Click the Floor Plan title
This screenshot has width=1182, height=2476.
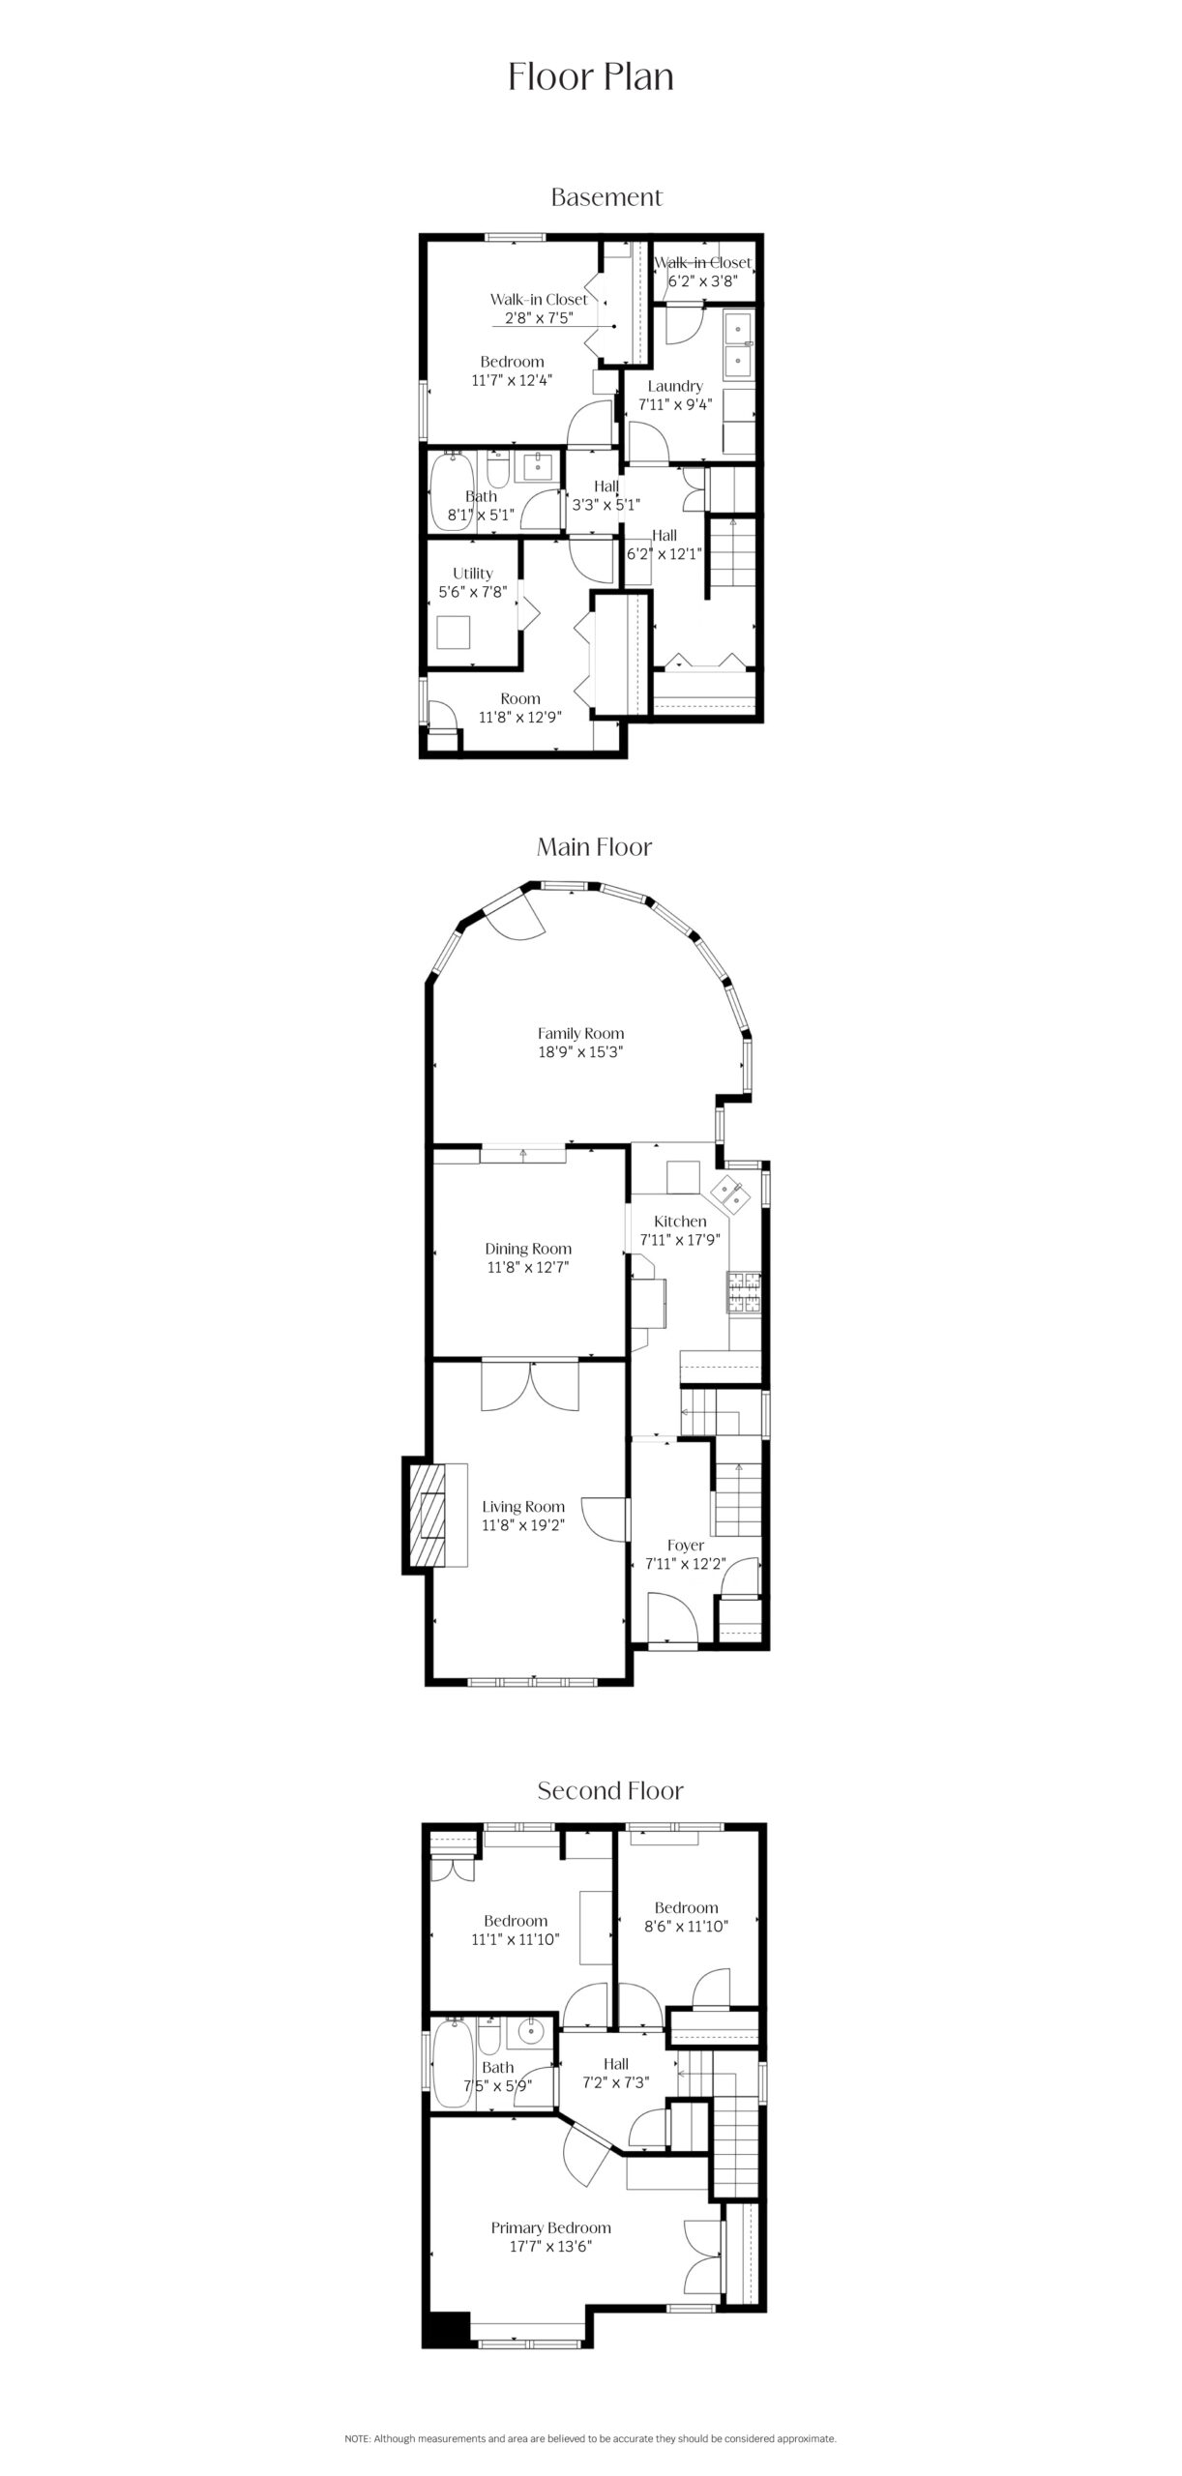click(591, 77)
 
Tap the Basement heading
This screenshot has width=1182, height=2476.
click(606, 197)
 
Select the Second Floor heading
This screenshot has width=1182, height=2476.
click(610, 1790)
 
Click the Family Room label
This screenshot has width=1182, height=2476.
click(580, 1033)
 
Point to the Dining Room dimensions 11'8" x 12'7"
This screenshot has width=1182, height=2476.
click(527, 1267)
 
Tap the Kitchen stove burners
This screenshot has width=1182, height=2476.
click(744, 1292)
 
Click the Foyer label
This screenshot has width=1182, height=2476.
click(686, 1546)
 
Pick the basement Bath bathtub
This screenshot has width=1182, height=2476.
click(451, 488)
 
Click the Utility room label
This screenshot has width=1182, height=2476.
click(472, 574)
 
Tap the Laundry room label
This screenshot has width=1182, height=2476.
click(675, 386)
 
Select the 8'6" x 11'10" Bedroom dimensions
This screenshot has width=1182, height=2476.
click(686, 1926)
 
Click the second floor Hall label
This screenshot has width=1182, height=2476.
click(616, 2063)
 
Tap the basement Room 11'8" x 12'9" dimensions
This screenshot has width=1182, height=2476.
click(520, 717)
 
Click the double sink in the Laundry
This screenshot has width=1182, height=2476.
click(740, 343)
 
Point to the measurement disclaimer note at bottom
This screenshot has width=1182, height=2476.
click(590, 2438)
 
